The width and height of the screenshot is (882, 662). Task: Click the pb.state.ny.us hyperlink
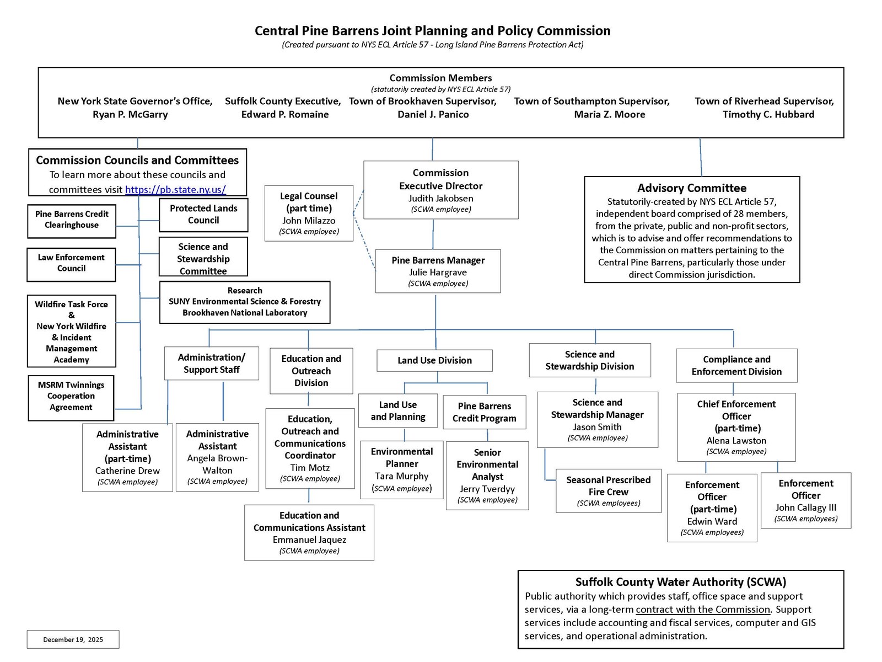[x=175, y=189]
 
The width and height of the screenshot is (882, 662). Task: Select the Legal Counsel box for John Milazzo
[x=309, y=213]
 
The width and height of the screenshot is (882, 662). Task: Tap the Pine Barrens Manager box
[x=438, y=271]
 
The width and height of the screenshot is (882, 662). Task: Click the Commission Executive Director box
[x=441, y=190]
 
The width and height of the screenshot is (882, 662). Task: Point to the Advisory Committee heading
[x=692, y=188]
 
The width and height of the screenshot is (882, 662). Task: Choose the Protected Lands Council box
[x=203, y=215]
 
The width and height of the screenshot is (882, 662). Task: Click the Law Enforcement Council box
[x=71, y=264]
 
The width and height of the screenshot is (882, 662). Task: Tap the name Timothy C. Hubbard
[x=768, y=115]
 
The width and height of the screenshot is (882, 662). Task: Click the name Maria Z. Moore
[x=609, y=115]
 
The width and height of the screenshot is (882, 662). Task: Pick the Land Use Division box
[x=434, y=360]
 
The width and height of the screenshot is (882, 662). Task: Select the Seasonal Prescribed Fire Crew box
[x=608, y=490]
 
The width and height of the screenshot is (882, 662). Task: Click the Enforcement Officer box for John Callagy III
[x=805, y=500]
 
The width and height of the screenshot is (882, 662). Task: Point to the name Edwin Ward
[x=712, y=521]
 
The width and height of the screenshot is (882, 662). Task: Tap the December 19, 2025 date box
[x=73, y=639]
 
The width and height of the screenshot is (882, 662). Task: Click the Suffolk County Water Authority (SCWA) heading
[x=681, y=582]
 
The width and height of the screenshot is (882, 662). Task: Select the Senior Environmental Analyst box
[x=487, y=475]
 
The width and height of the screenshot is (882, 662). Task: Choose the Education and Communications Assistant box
[x=309, y=532]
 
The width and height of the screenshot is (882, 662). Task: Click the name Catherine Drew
[x=127, y=471]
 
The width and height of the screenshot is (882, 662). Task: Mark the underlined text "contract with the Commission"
[x=703, y=610]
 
